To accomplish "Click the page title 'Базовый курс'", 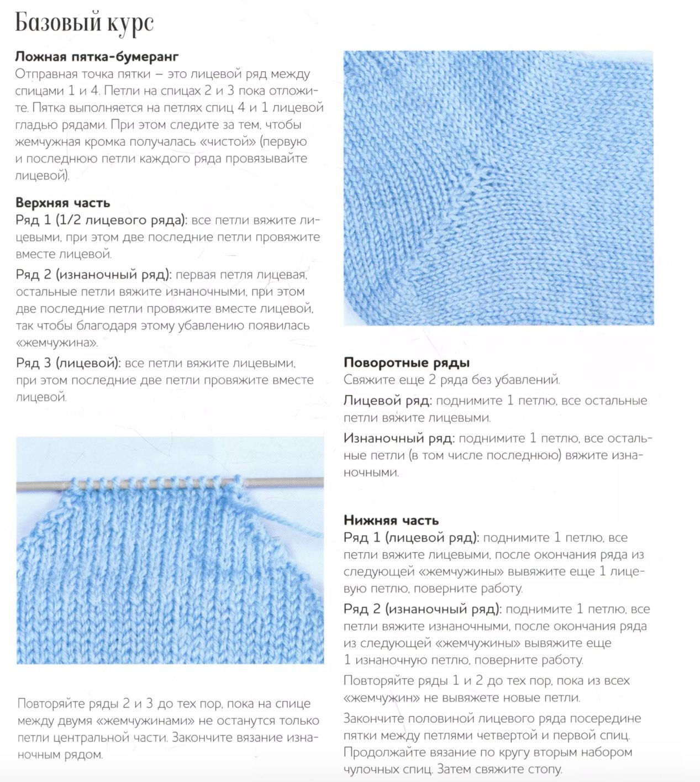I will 84,23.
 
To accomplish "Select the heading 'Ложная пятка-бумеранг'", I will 97,56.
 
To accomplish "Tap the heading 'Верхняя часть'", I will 62,202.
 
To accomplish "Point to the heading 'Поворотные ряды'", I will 407,363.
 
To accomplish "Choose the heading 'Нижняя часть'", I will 391,520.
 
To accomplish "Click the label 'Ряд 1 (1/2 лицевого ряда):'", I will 101,220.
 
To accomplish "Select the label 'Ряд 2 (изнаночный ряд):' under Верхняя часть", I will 93,275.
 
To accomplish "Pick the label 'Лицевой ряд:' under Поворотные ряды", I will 387,401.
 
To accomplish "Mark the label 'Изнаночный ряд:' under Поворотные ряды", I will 399,438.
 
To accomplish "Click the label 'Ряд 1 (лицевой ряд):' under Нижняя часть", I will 411,537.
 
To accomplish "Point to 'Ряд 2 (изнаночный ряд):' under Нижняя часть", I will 422,609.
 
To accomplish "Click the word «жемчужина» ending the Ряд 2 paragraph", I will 57,343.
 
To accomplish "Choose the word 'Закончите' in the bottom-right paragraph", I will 373,718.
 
